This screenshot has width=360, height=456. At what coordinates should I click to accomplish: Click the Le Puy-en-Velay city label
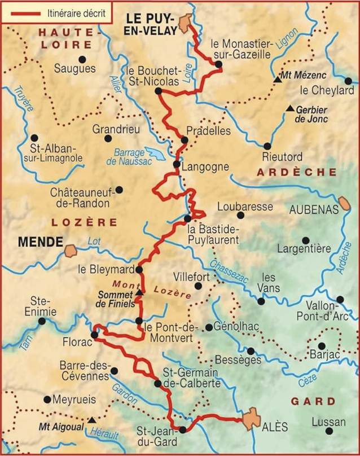pos(148,24)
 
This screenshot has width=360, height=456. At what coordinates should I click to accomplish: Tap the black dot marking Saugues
pos(82,59)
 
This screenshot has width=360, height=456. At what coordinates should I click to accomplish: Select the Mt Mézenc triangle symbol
pos(277,80)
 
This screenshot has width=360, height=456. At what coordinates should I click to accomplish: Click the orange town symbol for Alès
pos(251,420)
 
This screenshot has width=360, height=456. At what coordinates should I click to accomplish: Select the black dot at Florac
pos(94,335)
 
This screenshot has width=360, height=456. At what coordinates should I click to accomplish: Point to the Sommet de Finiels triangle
pos(139,292)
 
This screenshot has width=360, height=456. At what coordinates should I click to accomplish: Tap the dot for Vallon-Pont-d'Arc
pos(340,300)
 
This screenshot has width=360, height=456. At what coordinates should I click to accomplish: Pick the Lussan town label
pos(328,422)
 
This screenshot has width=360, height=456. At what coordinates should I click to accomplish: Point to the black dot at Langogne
pos(176,165)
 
